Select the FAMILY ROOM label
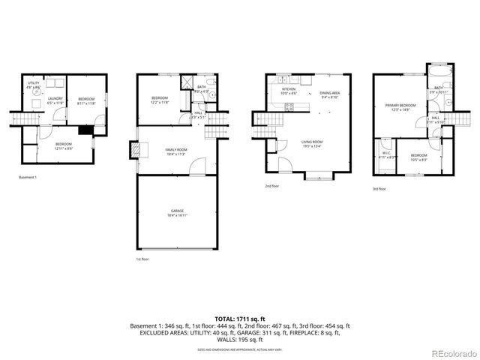176,151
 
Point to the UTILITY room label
34,85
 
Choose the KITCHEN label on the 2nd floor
289,91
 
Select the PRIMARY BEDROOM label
400,106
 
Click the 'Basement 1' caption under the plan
28,178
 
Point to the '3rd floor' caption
380,189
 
